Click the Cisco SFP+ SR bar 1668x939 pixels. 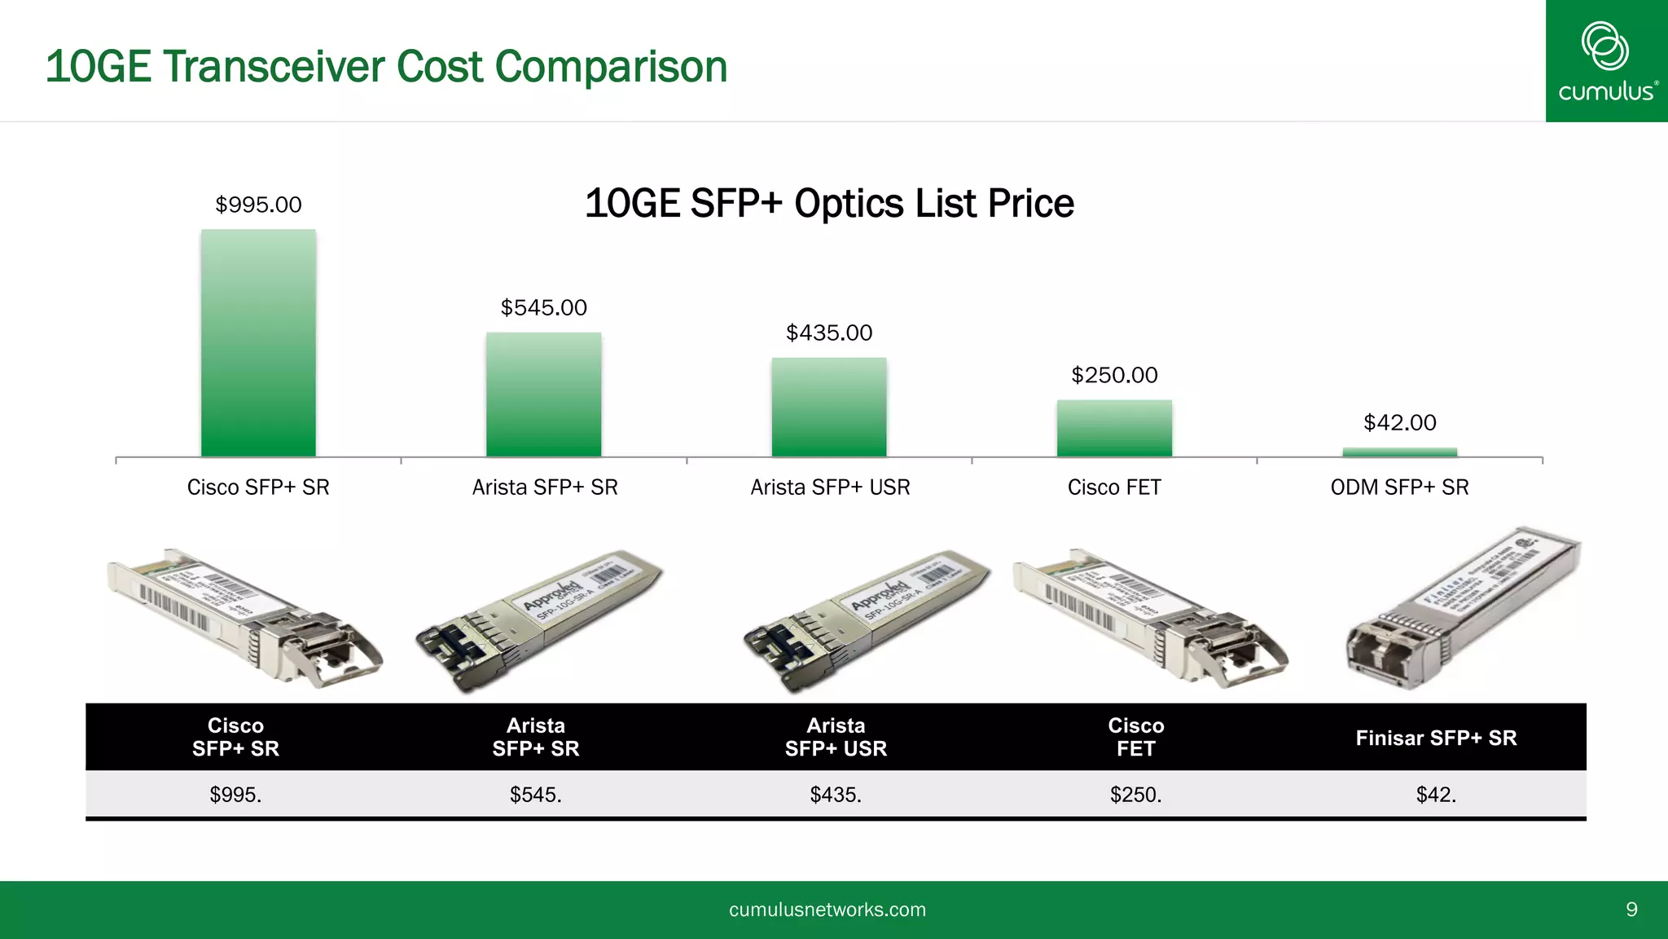pyautogui.click(x=258, y=342)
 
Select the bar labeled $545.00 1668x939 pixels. pyautogui.click(x=543, y=395)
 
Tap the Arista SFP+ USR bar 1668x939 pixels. pyautogui.click(x=829, y=407)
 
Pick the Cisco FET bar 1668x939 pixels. pyautogui.click(x=1114, y=428)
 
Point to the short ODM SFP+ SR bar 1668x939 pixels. pyautogui.click(x=1399, y=452)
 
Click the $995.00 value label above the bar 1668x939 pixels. pyautogui.click(x=258, y=205)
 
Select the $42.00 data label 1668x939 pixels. pyautogui.click(x=1399, y=422)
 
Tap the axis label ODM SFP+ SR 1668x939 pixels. pyautogui.click(x=1399, y=487)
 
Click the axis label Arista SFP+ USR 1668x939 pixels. pyautogui.click(x=830, y=487)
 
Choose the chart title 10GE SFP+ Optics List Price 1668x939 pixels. pyautogui.click(x=829, y=204)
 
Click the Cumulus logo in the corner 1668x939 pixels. pyautogui.click(x=1606, y=61)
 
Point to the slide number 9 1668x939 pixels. pyautogui.click(x=1631, y=910)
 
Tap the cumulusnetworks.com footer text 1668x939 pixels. pyautogui.click(x=827, y=910)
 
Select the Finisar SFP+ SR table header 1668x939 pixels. pyautogui.click(x=1436, y=738)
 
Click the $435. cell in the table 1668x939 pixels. pyautogui.click(x=836, y=795)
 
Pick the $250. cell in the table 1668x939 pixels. pyautogui.click(x=1135, y=795)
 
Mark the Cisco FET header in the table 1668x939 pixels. pyautogui.click(x=1135, y=737)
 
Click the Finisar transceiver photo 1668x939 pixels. pyautogui.click(x=1462, y=610)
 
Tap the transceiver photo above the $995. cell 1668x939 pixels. pyautogui.click(x=244, y=616)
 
